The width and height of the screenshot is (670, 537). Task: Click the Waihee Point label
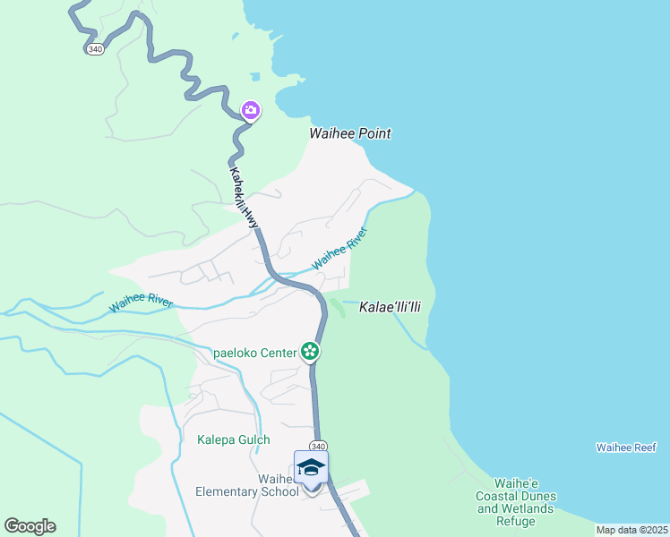tap(350, 133)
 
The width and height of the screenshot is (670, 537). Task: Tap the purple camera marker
tap(251, 110)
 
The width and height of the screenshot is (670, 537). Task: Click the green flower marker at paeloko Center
tap(310, 351)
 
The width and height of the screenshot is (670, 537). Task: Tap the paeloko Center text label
tap(255, 353)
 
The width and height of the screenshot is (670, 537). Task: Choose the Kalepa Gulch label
tap(233, 439)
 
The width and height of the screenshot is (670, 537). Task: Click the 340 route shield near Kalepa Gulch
tap(318, 446)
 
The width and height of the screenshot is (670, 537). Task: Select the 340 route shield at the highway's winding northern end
tap(96, 49)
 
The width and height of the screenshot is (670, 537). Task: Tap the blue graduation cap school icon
tap(311, 468)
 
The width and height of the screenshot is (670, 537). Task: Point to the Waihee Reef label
tap(626, 447)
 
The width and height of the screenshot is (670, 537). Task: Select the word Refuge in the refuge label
tap(516, 522)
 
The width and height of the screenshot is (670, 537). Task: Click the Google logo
tap(30, 525)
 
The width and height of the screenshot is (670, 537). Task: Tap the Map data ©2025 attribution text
tap(631, 530)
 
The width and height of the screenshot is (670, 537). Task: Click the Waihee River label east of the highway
tap(339, 250)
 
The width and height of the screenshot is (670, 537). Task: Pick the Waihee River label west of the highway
tap(141, 303)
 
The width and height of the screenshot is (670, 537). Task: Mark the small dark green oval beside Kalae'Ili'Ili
tap(338, 308)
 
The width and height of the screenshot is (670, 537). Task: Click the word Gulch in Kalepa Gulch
tap(253, 439)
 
